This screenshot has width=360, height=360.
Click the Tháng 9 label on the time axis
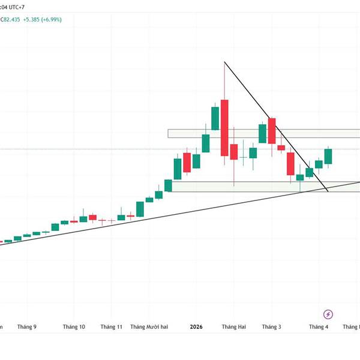pyautogui.click(x=27, y=327)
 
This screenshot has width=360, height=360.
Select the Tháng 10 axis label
pyautogui.click(x=74, y=327)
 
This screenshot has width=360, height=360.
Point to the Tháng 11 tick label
pyautogui.click(x=112, y=327)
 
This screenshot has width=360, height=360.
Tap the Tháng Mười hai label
pyautogui.click(x=153, y=327)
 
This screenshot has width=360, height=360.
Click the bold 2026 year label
pyautogui.click(x=196, y=327)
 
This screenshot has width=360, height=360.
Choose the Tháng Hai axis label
pyautogui.click(x=233, y=327)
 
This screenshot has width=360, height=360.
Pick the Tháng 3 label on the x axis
pyautogui.click(x=271, y=327)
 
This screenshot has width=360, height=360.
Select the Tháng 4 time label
pyautogui.click(x=319, y=327)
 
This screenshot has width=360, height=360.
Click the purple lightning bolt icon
pyautogui.click(x=328, y=314)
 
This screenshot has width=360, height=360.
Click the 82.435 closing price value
pyautogui.click(x=11, y=19)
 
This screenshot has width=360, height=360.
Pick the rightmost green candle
pyautogui.click(x=328, y=156)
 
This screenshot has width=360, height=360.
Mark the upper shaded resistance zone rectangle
pyautogui.click(x=264, y=133)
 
